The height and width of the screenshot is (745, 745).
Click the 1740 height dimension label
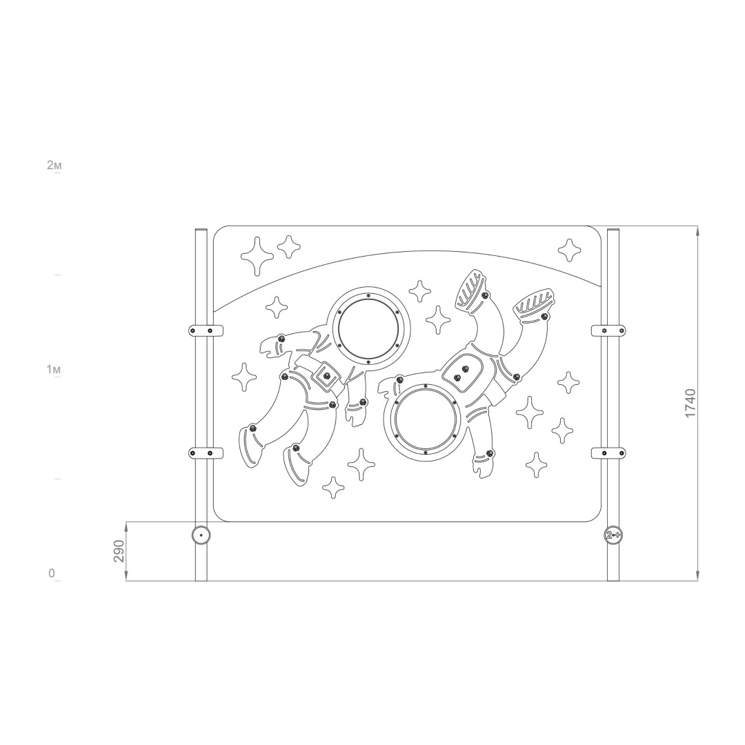(689, 404)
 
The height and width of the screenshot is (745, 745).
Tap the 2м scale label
(54, 166)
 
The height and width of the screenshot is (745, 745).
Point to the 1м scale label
(54, 369)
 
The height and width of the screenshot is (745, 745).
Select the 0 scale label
(51, 573)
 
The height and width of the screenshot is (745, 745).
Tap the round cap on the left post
(201, 535)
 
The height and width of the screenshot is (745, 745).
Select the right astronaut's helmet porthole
(425, 423)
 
